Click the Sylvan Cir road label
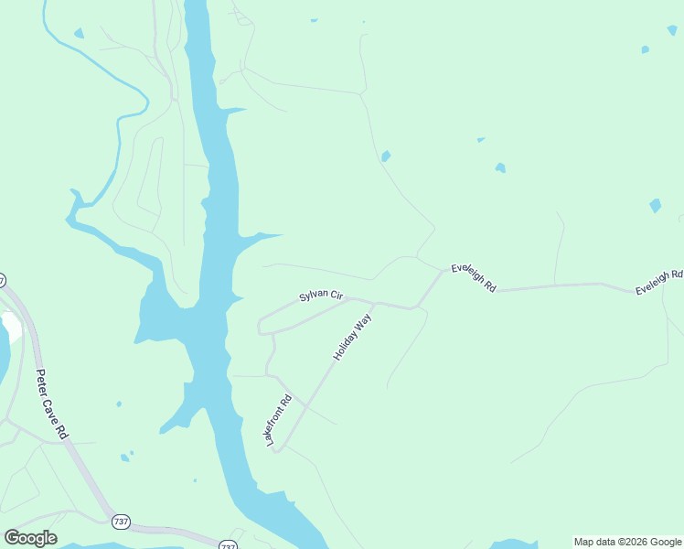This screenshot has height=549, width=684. [x=321, y=297]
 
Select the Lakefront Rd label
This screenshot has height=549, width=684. [x=278, y=420]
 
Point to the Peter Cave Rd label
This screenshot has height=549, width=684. [x=53, y=404]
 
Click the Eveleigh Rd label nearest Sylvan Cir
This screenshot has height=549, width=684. [x=473, y=279]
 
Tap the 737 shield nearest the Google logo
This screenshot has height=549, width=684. [x=121, y=522]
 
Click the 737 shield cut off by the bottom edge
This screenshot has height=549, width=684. [x=228, y=545]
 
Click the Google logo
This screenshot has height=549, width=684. [x=30, y=538]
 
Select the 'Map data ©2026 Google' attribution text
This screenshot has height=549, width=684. [x=628, y=542]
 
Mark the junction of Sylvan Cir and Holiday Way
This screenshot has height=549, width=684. [x=375, y=303]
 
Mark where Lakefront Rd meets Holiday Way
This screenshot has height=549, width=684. [x=282, y=448]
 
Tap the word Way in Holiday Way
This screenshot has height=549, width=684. [x=364, y=321]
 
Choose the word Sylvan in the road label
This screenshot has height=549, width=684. [x=313, y=297]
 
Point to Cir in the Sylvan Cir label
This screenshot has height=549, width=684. [x=336, y=296]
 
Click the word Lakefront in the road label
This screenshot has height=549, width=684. [x=275, y=427]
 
